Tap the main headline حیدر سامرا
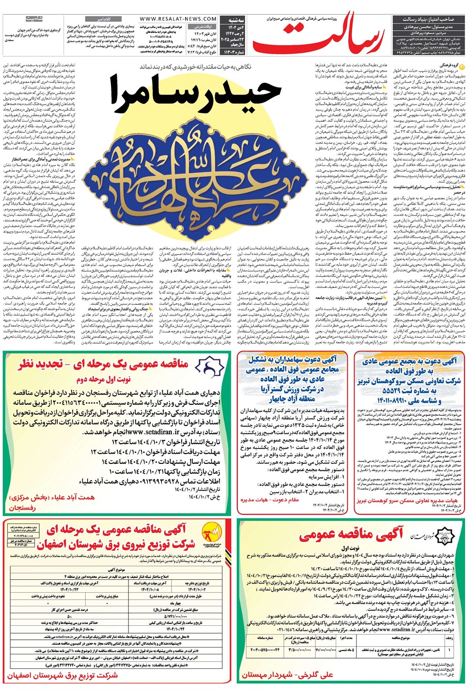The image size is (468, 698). [195, 93]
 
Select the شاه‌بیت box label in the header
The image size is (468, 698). [35, 19]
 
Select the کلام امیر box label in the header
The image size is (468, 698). [106, 19]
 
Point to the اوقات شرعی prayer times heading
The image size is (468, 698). [203, 27]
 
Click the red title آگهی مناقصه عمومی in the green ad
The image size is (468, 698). [351, 534]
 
